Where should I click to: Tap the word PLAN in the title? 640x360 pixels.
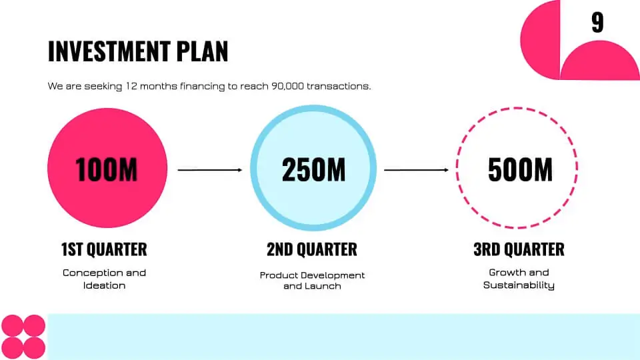coord(202,51)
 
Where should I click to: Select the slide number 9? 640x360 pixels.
coord(597,23)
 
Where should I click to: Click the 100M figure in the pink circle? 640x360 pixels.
coord(107,169)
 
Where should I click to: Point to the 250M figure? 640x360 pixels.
coord(313,169)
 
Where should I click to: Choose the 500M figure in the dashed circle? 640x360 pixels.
coord(520,169)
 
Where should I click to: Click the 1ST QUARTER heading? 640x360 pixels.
coord(104,249)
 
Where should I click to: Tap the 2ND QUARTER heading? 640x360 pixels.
coord(312,249)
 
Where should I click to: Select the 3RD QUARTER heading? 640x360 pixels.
coord(519,249)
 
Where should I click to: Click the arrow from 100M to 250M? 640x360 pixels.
coord(210,170)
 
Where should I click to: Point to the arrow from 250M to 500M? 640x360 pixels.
coord(416,170)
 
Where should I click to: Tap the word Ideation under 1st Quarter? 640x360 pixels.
coord(105,285)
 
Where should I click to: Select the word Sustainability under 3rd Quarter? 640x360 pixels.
coord(519,285)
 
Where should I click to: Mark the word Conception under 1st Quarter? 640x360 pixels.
coord(90,273)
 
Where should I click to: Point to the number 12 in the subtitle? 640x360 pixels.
coord(131,86)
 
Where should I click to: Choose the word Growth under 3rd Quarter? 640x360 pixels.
coord(505,272)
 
